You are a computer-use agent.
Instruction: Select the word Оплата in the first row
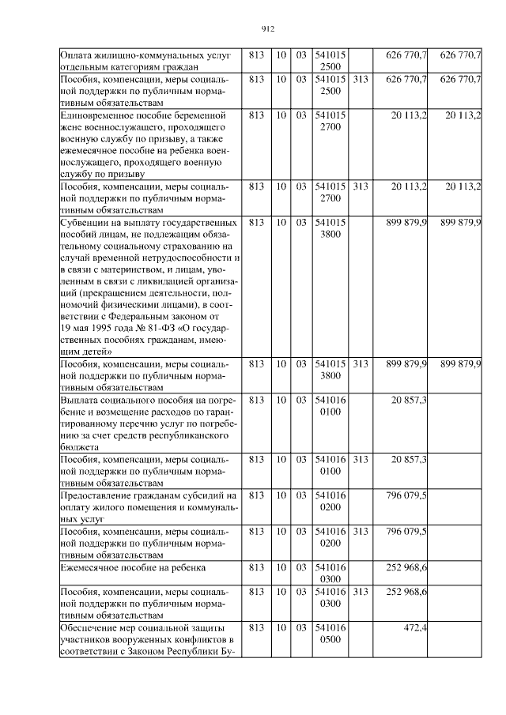pyautogui.click(x=78, y=55)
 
